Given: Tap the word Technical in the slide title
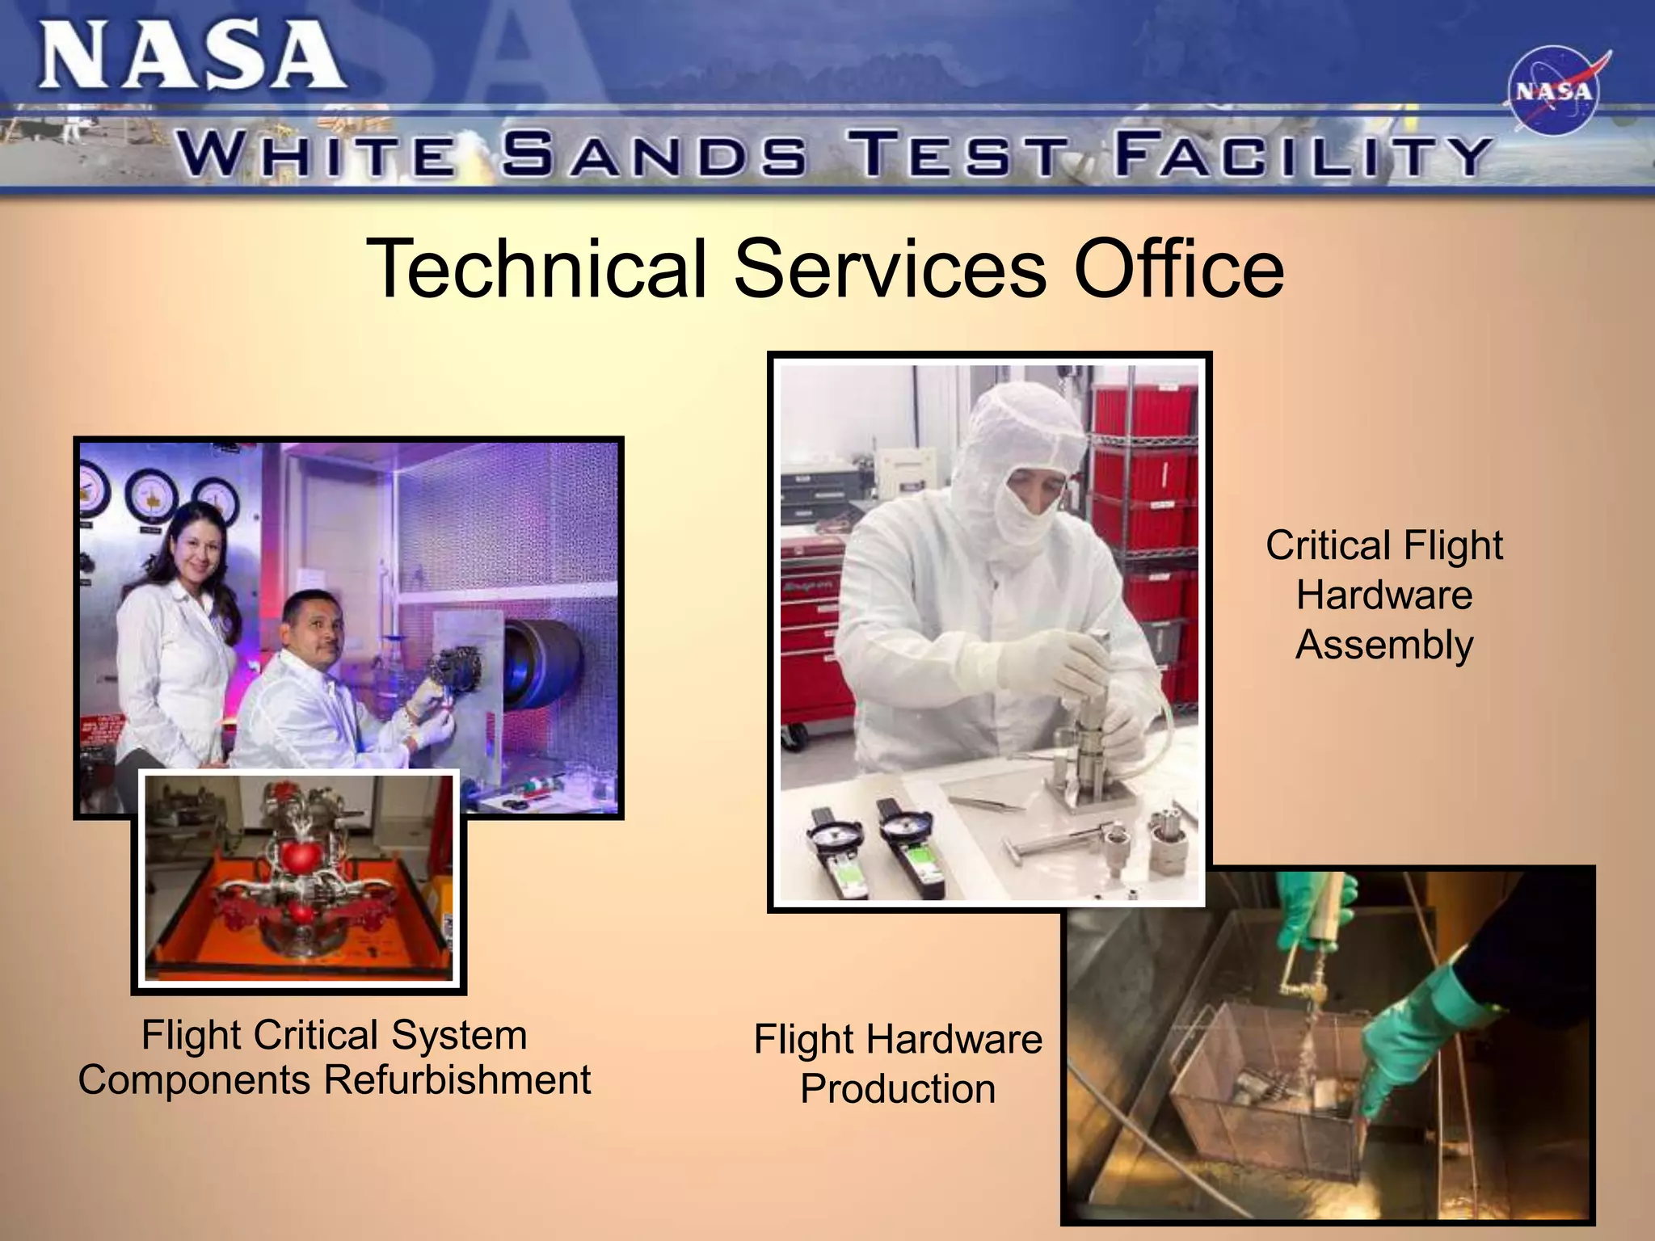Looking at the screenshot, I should tap(537, 267).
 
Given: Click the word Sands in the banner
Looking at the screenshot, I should tap(653, 154).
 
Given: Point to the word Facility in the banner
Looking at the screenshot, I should tap(1301, 154).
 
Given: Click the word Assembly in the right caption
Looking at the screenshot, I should tap(1384, 645).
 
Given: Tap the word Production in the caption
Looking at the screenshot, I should tap(897, 1089).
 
